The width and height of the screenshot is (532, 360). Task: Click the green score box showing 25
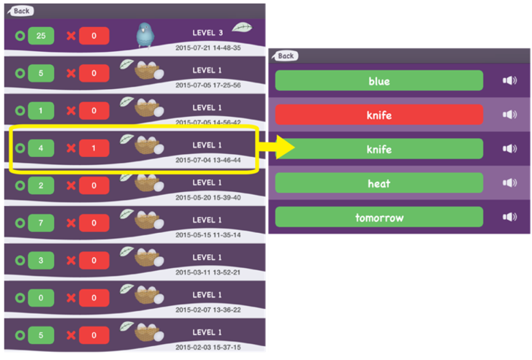[41, 35]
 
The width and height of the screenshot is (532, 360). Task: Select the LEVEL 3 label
[208, 33]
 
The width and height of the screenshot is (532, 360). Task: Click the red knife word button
[379, 115]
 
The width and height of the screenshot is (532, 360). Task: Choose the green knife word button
[379, 149]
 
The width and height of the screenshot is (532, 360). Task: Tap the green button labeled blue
[379, 81]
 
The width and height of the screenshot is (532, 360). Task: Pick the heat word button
[379, 183]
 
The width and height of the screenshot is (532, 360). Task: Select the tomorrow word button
[379, 217]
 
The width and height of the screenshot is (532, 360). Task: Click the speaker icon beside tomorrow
[510, 217]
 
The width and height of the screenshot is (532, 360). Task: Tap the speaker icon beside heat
[510, 183]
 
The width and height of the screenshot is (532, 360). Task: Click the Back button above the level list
[20, 11]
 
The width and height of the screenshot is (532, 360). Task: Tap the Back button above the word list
[285, 55]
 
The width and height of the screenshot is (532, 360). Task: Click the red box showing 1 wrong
[94, 148]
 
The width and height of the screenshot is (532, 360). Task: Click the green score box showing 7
[41, 221]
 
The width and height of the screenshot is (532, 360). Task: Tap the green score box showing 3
[41, 259]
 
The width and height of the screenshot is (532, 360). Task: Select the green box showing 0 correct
[41, 296]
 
